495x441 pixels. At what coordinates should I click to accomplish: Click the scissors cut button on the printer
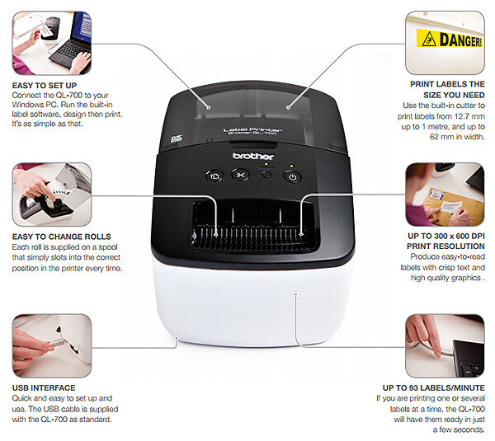pyautogui.click(x=241, y=175)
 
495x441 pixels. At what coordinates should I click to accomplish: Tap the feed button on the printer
pyautogui.click(x=214, y=176)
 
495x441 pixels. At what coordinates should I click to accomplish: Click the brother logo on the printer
pyautogui.click(x=253, y=156)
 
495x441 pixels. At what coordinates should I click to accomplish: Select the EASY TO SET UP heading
pyautogui.click(x=45, y=86)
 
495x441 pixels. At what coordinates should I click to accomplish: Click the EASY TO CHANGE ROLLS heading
pyautogui.click(x=62, y=237)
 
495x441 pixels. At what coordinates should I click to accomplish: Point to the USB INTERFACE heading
pyautogui.click(x=44, y=387)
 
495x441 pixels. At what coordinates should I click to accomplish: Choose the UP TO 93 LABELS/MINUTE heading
pyautogui.click(x=434, y=387)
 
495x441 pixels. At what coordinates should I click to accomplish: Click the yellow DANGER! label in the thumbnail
pyautogui.click(x=450, y=39)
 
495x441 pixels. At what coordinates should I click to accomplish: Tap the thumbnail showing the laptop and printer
pyautogui.click(x=52, y=43)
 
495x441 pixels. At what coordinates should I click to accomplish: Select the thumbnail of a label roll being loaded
pyautogui.click(x=52, y=195)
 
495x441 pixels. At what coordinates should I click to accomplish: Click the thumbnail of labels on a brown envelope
pyautogui.click(x=445, y=195)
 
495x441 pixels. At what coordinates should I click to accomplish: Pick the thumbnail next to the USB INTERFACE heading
pyautogui.click(x=52, y=345)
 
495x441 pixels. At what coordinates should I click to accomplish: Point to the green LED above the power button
pyautogui.click(x=292, y=166)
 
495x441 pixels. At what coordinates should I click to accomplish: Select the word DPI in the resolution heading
pyautogui.click(x=477, y=236)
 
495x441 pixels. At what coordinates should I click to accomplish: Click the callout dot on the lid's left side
pyautogui.click(x=209, y=107)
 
